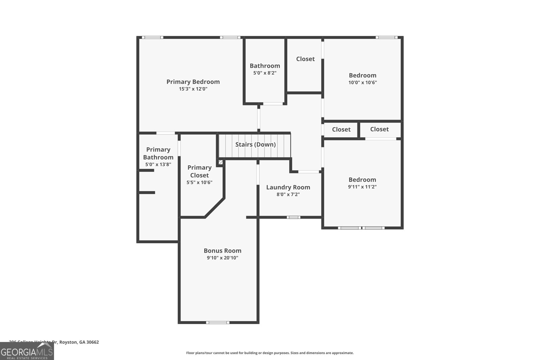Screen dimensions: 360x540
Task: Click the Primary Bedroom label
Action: coord(193,82)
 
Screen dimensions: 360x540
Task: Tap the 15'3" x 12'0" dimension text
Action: coord(193,89)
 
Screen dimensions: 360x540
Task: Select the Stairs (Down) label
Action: coord(255,144)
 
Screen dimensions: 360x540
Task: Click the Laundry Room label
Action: coord(288,187)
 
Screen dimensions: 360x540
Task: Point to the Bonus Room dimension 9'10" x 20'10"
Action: coord(222,258)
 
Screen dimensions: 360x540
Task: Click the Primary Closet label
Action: coord(199,171)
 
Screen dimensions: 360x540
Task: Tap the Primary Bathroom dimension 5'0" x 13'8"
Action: coord(158,165)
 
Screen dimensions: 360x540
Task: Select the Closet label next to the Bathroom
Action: coord(305,59)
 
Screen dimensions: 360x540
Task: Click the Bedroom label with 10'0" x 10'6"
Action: coord(362,75)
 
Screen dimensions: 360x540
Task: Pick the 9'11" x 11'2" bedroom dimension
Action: coord(362,187)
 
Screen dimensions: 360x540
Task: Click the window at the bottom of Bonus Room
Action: coord(218,323)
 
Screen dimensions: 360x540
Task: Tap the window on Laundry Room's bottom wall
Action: coord(293,217)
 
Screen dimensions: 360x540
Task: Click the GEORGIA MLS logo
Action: coord(27,352)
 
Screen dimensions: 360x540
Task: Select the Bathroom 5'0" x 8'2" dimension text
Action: coord(265,73)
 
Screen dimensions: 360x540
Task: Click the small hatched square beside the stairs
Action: coord(220,162)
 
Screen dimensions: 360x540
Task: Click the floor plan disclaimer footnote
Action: coord(270,353)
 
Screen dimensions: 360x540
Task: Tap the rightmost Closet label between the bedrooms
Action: coord(379,129)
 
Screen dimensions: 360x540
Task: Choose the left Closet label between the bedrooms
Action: coord(341,130)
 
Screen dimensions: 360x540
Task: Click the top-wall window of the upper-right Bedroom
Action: coord(387,37)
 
